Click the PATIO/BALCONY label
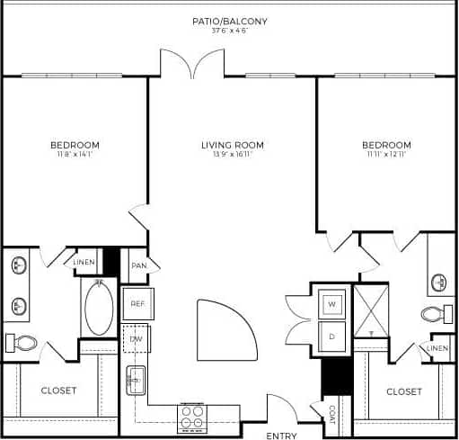(229, 21)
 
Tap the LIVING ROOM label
(232, 145)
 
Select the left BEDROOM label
(75, 145)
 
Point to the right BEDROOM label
(386, 145)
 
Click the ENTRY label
(281, 436)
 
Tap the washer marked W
(331, 305)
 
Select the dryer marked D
(331, 337)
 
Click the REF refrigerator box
(137, 304)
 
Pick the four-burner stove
(193, 416)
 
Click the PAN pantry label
(138, 265)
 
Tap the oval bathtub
(99, 309)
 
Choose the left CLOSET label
(59, 391)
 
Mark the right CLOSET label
(404, 391)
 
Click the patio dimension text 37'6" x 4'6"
(229, 31)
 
